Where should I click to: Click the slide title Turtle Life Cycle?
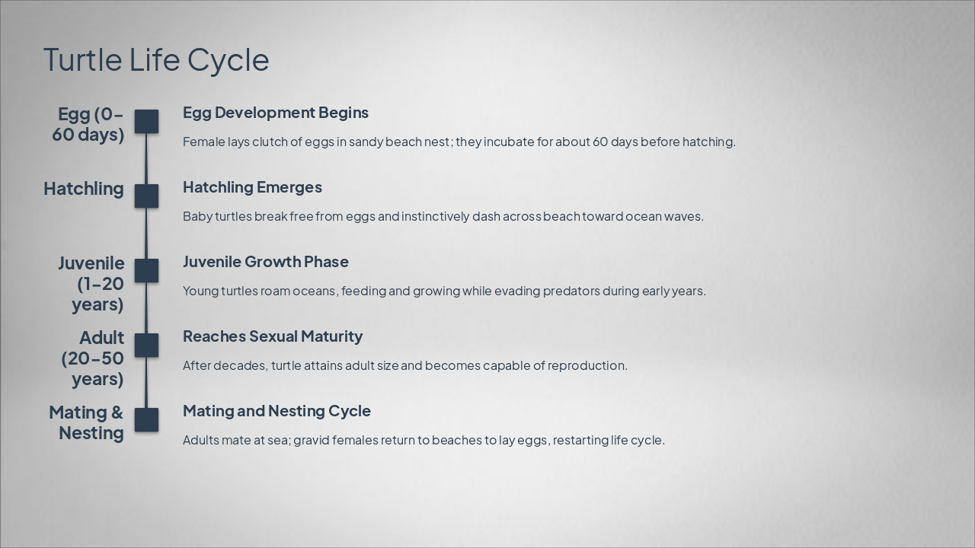[x=156, y=60]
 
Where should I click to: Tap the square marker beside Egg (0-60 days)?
[x=146, y=122]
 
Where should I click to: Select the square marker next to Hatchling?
[x=146, y=196]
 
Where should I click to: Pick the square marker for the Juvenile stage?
[x=146, y=271]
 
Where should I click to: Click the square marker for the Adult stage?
[x=146, y=346]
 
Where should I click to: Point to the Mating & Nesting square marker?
[x=146, y=420]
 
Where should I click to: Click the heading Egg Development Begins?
[x=276, y=113]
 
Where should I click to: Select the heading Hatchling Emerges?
[x=252, y=187]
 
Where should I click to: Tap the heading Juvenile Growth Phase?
[x=266, y=262]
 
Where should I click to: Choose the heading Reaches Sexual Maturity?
[x=273, y=336]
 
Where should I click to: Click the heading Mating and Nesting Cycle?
[x=277, y=411]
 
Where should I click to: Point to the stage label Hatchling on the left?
[x=84, y=189]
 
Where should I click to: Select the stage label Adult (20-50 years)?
[x=94, y=358]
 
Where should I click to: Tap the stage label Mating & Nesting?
[x=87, y=422]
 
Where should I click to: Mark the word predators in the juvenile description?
[x=571, y=291]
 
